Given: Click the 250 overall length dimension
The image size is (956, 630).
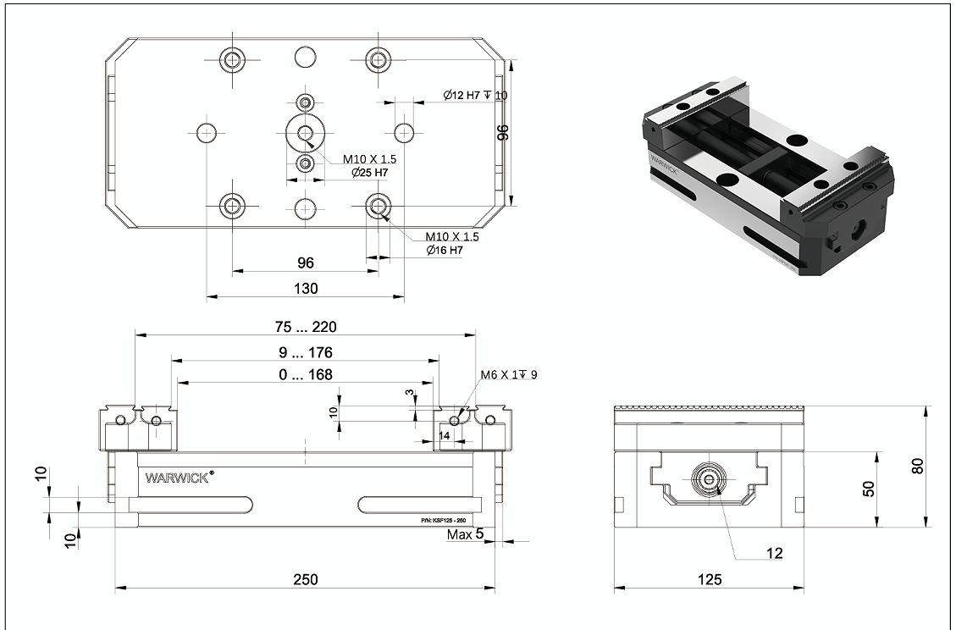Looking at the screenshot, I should [305, 580].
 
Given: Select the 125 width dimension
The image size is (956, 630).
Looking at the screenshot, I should [710, 580].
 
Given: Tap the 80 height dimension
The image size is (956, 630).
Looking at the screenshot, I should [919, 465].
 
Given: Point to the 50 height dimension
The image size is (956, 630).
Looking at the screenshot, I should [868, 489].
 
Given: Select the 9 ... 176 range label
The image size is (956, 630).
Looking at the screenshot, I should [305, 352].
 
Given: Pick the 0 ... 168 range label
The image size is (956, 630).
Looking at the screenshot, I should [305, 374].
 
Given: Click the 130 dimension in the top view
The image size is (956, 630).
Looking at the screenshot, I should [305, 289].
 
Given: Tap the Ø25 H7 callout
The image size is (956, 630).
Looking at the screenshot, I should [370, 173].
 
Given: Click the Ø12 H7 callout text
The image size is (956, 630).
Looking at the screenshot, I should [474, 95].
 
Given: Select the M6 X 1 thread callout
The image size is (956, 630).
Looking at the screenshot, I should [508, 374].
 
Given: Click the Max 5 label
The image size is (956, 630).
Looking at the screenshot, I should [465, 534].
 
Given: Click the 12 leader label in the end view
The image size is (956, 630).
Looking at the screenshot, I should [773, 554].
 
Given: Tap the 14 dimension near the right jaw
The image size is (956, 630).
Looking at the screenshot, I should [445, 434].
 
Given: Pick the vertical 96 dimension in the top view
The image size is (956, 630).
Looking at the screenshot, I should [501, 132].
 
